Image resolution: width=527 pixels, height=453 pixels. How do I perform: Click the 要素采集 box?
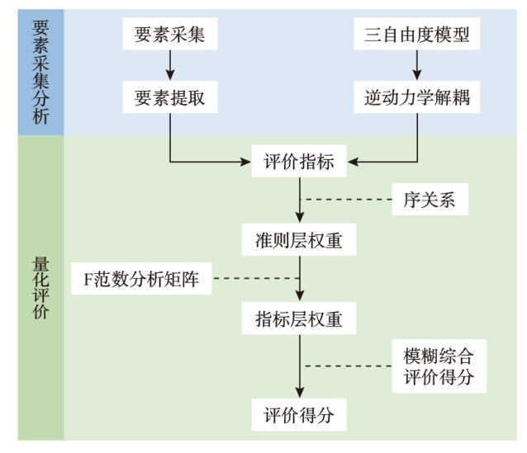point(169,35)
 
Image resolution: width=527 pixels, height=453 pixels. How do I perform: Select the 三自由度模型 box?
point(417,35)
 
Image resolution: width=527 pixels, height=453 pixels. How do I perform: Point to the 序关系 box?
point(430,201)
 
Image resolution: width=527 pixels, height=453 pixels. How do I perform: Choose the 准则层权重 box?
point(299,240)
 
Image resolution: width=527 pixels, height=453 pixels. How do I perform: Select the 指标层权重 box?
point(299,318)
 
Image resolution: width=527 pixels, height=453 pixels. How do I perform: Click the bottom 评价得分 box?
point(299,415)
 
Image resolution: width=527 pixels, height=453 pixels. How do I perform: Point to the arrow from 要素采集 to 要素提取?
point(169,65)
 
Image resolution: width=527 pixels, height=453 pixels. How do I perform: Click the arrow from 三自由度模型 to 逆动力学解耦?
point(417,65)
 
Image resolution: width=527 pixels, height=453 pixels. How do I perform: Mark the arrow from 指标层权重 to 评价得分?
point(299,366)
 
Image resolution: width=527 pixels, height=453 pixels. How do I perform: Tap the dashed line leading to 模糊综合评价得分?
point(347,366)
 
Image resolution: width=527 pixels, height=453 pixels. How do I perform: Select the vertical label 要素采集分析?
point(40,70)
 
